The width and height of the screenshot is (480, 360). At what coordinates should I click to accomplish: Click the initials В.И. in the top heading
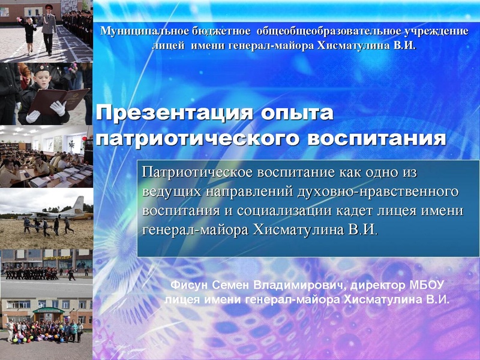pos(404,45)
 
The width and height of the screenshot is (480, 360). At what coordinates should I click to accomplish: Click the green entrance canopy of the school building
pos(47,310)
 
